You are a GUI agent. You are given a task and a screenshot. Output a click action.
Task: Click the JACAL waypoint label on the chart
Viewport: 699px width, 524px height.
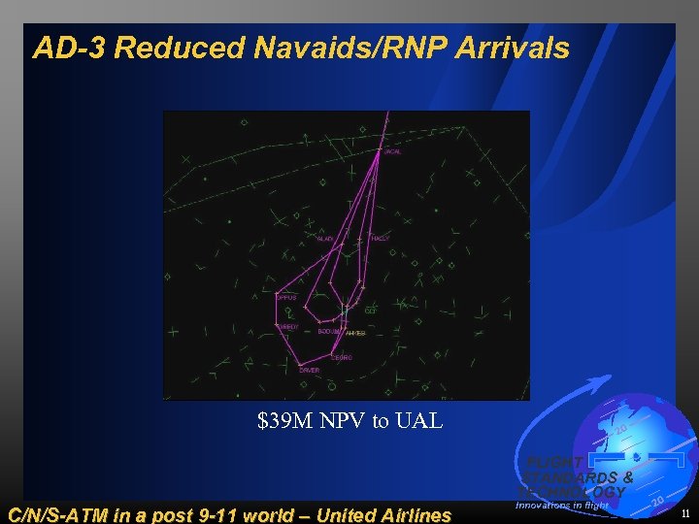pos(392,151)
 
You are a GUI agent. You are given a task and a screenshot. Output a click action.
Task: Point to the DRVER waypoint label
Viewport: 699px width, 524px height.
pos(309,370)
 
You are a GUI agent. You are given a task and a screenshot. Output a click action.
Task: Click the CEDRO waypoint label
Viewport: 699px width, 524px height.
pos(342,357)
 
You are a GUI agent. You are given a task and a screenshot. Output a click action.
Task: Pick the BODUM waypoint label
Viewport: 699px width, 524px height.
pos(328,332)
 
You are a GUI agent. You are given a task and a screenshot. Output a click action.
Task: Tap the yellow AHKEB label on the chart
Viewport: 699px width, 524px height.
pos(355,333)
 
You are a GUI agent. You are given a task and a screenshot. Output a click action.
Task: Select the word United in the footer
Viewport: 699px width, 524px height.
pos(324,514)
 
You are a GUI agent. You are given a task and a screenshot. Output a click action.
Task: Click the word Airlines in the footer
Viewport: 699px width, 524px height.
pos(408,514)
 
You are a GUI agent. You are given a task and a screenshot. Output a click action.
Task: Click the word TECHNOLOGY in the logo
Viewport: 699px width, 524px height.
pos(573,492)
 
